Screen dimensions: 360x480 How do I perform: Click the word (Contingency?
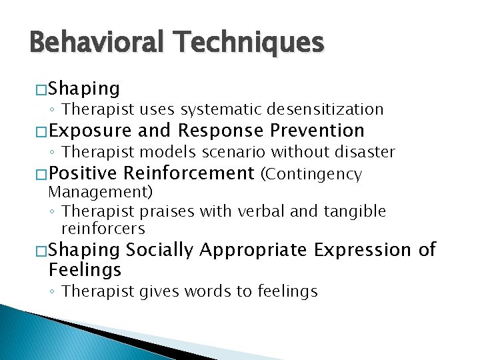click(x=311, y=175)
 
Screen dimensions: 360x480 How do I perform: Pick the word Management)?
click(x=101, y=193)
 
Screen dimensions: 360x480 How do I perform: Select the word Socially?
click(x=160, y=251)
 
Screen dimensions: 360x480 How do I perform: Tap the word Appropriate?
click(x=254, y=251)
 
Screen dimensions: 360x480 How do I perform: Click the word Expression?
click(x=364, y=250)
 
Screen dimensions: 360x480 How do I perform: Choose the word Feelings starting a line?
click(x=85, y=270)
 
